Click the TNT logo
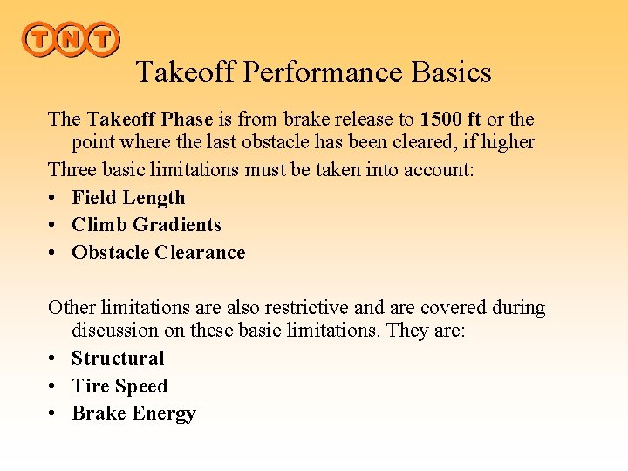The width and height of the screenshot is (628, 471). [70, 39]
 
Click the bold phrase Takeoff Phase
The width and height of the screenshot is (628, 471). [150, 119]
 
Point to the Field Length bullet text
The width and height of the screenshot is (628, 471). [128, 198]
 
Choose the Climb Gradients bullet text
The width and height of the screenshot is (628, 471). [147, 225]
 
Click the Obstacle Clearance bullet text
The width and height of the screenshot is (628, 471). [159, 253]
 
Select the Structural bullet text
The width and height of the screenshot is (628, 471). [118, 358]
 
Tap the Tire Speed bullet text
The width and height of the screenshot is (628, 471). [119, 386]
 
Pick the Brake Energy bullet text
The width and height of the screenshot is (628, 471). [133, 413]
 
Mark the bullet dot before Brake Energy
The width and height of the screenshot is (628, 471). [53, 414]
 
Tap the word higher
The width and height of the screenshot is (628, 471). [503, 141]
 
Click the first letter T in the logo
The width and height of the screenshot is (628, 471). [39, 39]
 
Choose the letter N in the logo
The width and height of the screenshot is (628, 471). [71, 39]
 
